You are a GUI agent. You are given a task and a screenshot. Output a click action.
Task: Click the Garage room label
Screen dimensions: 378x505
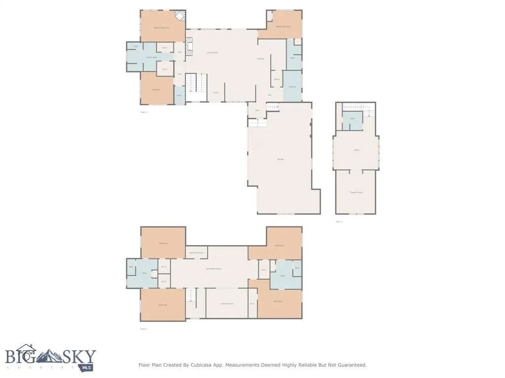(280, 159)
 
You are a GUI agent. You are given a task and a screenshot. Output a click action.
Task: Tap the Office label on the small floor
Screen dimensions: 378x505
(356, 150)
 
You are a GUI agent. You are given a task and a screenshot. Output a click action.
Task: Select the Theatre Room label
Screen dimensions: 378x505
(356, 192)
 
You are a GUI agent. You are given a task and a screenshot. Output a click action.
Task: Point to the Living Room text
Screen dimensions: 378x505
(212, 52)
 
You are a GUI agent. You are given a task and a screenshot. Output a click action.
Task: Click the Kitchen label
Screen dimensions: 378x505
(261, 59)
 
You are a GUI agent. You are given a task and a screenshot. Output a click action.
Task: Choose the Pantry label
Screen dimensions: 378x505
(277, 79)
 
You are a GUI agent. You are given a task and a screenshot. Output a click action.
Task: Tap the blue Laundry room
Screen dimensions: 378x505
(292, 86)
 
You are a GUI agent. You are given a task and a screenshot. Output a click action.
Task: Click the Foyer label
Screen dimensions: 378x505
(216, 92)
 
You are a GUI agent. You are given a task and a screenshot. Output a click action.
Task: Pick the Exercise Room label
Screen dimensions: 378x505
(226, 304)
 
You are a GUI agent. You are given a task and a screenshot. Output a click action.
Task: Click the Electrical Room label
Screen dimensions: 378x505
(196, 252)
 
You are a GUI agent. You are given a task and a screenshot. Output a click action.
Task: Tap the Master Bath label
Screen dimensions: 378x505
(151, 58)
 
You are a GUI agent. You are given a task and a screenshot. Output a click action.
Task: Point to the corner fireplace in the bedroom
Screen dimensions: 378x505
(181, 16)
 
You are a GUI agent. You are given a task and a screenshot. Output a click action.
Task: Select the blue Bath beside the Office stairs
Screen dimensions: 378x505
(352, 121)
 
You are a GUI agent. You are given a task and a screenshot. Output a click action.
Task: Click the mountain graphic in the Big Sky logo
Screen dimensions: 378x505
(52, 356)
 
